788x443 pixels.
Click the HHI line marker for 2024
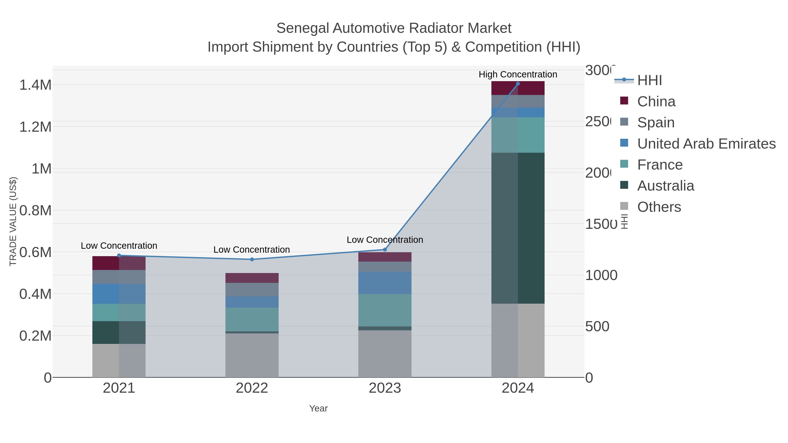[x=518, y=84]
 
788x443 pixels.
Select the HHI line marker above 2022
[x=252, y=259]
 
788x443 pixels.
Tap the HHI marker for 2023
[x=385, y=249]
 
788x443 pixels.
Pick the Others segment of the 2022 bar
[x=252, y=355]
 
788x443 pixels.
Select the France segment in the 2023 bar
[x=385, y=310]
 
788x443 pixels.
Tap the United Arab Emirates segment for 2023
[x=385, y=283]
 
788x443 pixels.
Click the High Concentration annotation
[x=518, y=74]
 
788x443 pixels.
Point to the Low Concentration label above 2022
[x=252, y=249]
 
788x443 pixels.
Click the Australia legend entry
[x=665, y=186]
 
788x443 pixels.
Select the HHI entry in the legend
[x=649, y=80]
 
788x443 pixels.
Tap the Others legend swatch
[x=624, y=206]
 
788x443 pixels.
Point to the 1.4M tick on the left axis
[x=35, y=85]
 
